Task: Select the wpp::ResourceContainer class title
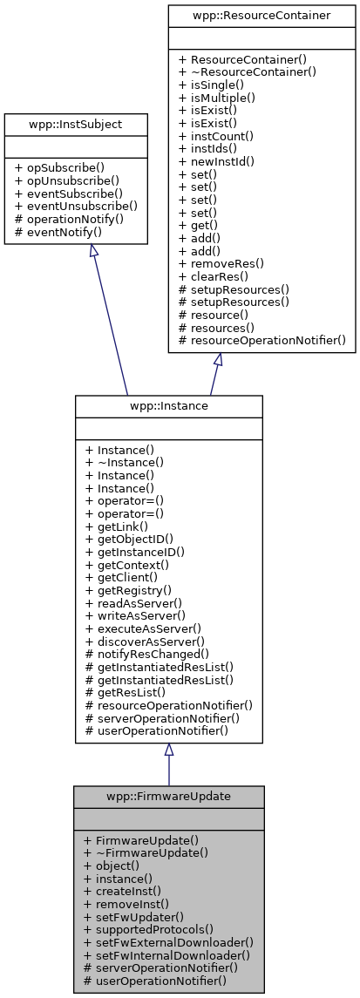click(262, 16)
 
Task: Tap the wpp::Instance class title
click(168, 406)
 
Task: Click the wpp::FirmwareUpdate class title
click(168, 797)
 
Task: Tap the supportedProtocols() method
click(148, 929)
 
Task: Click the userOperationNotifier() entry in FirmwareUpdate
click(155, 981)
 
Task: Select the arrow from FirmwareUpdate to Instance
click(168, 767)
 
